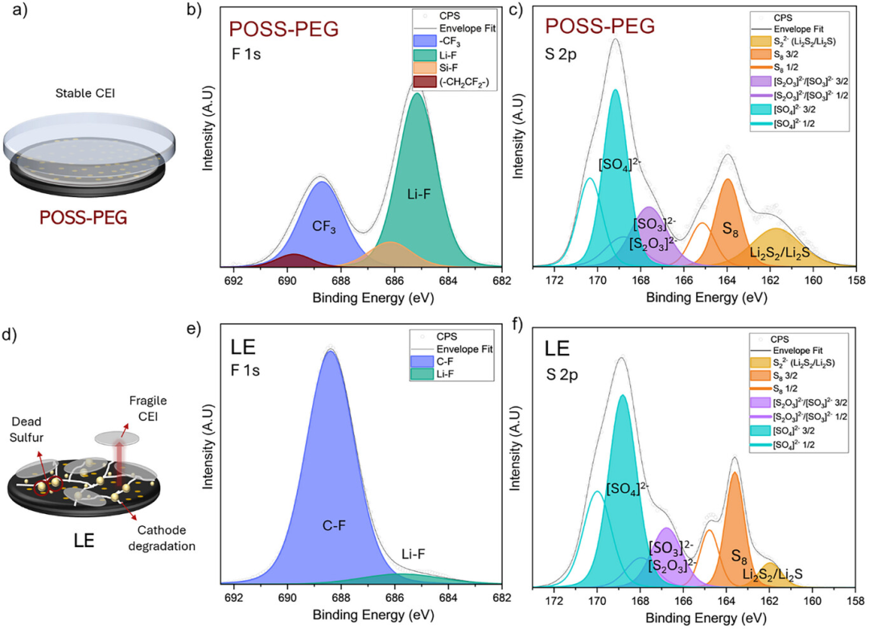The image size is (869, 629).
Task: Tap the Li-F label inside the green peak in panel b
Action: [418, 194]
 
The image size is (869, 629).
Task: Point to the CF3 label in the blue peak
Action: [324, 226]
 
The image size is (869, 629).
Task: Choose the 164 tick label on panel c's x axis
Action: [727, 281]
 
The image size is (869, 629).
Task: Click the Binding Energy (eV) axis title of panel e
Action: [373, 615]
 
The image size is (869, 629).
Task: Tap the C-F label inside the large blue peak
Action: [334, 525]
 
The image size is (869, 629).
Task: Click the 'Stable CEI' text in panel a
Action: [85, 93]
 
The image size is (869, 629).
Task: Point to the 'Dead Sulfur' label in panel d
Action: [26, 430]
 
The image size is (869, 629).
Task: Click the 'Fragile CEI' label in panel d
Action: [148, 408]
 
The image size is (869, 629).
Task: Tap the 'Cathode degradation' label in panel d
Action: [162, 538]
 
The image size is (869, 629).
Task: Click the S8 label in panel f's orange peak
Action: [739, 557]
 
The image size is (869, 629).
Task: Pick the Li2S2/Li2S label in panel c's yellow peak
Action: [780, 253]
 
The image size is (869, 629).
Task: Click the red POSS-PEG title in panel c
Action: [599, 26]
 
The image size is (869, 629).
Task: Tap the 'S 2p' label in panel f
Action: [562, 375]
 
